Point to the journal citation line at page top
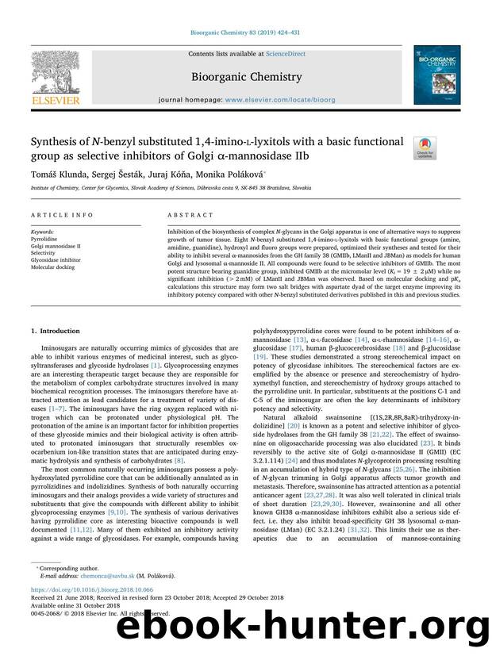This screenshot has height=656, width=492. (x=245, y=33)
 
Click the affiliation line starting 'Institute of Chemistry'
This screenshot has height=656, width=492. (x=171, y=188)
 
